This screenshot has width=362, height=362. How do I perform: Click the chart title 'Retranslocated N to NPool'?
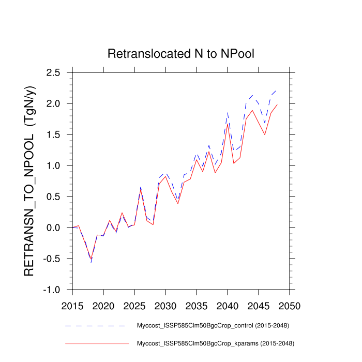click(181, 54)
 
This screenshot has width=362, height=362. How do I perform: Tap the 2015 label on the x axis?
click(72, 305)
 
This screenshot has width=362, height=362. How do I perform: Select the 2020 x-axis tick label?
click(103, 305)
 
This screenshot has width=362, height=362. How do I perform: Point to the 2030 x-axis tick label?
click(165, 305)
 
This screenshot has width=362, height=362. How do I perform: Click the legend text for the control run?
click(213, 326)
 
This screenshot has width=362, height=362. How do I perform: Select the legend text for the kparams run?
click(213, 343)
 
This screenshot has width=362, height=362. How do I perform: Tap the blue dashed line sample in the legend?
click(95, 326)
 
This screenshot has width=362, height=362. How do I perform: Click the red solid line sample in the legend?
click(95, 343)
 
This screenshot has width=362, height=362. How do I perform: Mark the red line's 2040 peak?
click(228, 124)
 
